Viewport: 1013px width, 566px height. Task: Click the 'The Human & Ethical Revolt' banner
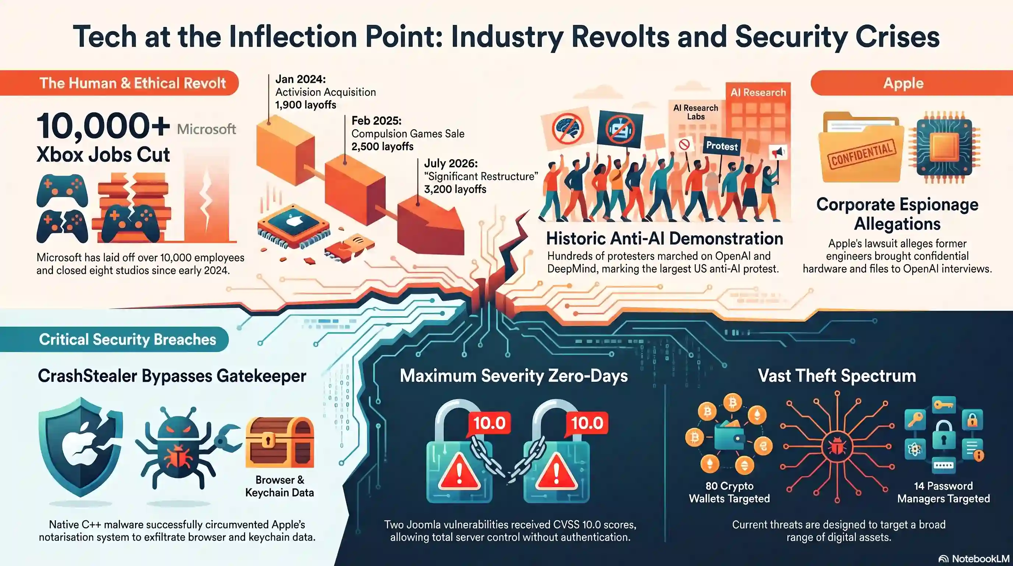119,83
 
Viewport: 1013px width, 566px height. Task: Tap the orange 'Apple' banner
911,83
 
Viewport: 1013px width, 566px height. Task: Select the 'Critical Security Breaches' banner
114,339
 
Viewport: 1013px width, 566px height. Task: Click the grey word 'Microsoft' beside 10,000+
207,129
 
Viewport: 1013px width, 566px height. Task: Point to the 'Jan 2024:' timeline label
300,79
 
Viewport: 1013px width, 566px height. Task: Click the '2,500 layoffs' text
382,146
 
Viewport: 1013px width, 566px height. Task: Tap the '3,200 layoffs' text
455,189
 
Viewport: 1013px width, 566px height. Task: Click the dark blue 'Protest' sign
721,146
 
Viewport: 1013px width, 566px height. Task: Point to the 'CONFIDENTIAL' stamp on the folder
861,154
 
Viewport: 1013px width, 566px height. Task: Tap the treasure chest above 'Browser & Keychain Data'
280,442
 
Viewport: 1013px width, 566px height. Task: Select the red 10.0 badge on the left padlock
489,423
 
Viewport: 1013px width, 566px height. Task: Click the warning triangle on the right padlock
556,471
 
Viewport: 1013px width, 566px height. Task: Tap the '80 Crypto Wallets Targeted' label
729,492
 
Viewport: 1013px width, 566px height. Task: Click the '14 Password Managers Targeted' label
943,492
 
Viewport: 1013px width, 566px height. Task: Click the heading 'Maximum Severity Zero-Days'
513,375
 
